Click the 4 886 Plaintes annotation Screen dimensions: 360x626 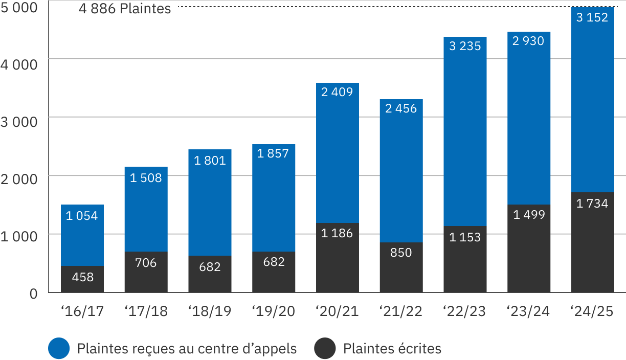(125, 9)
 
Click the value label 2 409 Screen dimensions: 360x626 (337, 93)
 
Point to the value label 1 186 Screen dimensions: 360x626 (337, 233)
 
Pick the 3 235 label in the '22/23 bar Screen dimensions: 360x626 (465, 47)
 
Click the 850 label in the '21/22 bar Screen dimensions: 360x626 (401, 253)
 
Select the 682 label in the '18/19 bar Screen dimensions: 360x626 (210, 266)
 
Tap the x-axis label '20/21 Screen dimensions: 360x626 (337, 311)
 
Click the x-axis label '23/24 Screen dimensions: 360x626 (528, 311)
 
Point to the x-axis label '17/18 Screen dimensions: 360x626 (146, 311)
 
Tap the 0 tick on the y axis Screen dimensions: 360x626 (33, 294)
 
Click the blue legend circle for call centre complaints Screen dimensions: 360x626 (59, 349)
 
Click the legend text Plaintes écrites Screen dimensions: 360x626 (392, 349)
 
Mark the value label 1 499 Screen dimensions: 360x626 (529, 215)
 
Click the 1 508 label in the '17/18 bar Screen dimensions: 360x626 (146, 178)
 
